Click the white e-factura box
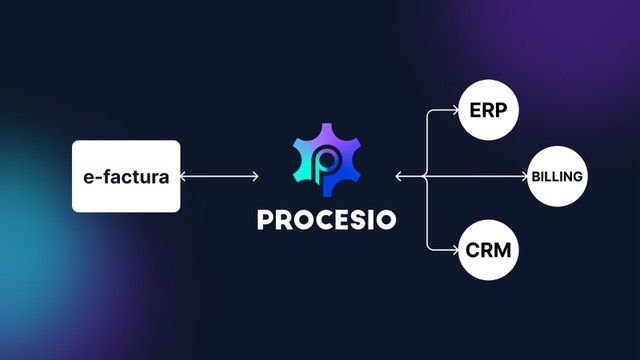click(x=126, y=177)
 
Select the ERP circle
click(x=487, y=112)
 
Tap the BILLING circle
click(x=557, y=177)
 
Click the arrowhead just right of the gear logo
click(x=399, y=177)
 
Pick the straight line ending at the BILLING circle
click(x=480, y=177)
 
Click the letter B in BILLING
click(x=536, y=177)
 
